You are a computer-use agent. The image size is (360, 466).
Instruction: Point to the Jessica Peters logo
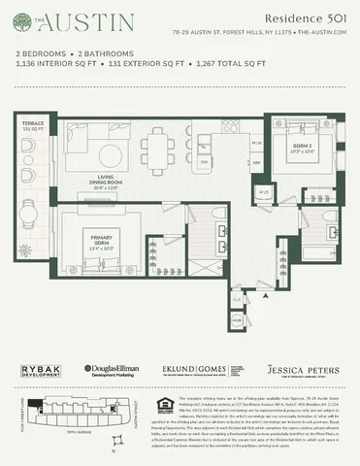[x=303, y=370]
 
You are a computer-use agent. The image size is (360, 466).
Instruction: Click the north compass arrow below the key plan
[x=114, y=450]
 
